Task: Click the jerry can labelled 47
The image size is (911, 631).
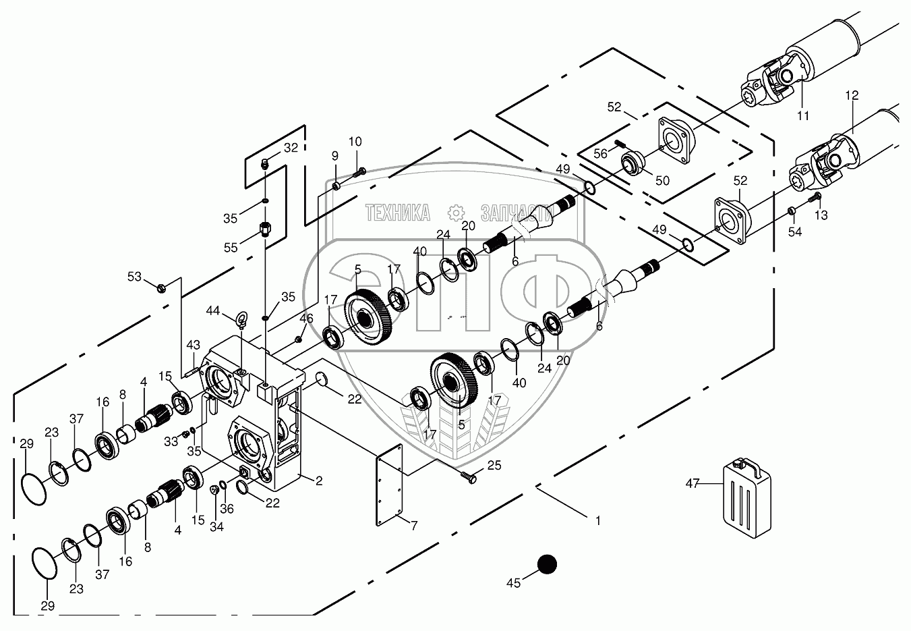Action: point(747,491)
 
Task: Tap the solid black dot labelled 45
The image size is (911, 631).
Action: point(547,565)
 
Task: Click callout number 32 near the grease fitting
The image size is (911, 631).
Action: point(290,148)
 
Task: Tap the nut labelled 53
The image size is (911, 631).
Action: point(161,289)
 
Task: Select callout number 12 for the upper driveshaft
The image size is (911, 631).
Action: point(852,96)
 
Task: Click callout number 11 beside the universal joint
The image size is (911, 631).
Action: point(802,115)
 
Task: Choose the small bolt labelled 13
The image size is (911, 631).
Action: point(815,196)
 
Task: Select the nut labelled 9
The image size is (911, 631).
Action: point(336,186)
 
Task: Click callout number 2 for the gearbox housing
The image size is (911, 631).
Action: point(318,481)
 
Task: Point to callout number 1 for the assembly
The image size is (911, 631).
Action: point(597,520)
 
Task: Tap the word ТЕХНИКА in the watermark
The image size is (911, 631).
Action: point(398,213)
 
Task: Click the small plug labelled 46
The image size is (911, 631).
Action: point(297,338)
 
